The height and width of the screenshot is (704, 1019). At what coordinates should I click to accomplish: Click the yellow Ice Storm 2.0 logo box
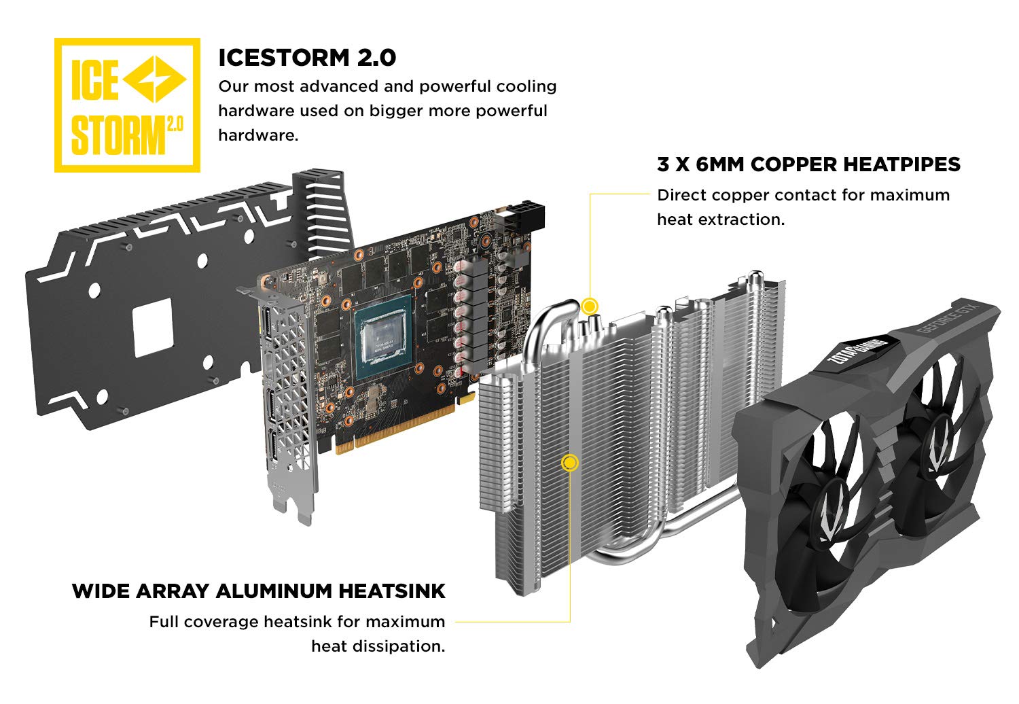(x=128, y=105)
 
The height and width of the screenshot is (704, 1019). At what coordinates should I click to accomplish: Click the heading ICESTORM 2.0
(x=307, y=58)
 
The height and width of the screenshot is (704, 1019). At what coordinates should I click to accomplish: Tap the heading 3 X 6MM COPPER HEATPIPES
(x=809, y=164)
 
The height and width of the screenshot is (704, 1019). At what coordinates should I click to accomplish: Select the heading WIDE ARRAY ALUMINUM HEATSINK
(x=258, y=591)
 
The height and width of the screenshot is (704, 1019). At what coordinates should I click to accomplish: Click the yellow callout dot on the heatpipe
(x=590, y=306)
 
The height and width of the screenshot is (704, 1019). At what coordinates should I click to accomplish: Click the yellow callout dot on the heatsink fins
(x=569, y=463)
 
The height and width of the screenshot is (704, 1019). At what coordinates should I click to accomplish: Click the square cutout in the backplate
(x=154, y=328)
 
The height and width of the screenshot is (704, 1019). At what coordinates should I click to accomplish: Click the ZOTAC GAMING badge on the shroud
(x=857, y=350)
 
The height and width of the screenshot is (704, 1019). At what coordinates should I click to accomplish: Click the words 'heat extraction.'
(x=721, y=219)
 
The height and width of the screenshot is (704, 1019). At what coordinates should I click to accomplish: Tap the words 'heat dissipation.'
(x=378, y=646)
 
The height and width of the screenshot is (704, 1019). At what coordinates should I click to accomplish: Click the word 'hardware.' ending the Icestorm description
(x=258, y=135)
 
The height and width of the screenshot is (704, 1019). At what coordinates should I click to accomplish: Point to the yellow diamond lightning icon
(x=155, y=80)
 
